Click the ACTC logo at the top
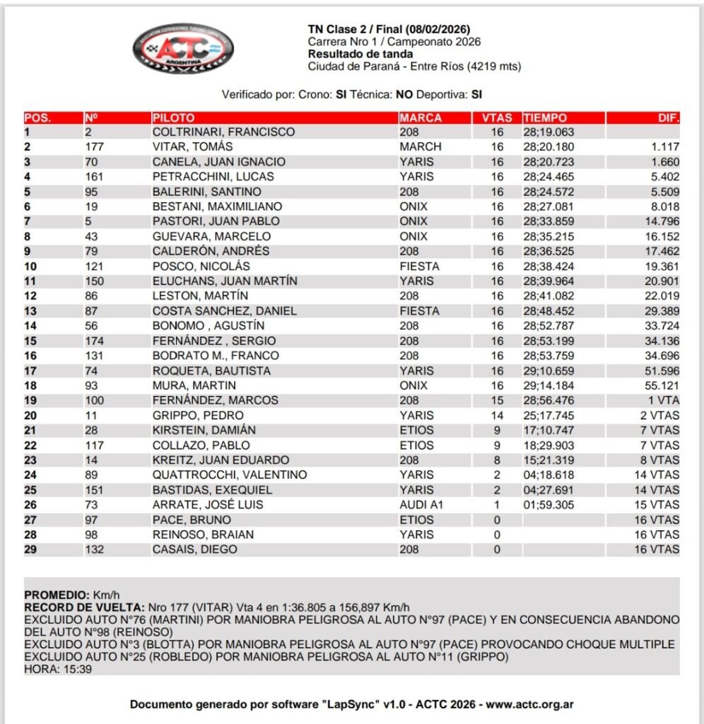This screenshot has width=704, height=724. click(x=183, y=49)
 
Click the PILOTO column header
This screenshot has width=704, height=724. click(x=173, y=118)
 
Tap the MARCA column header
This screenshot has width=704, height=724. click(x=421, y=118)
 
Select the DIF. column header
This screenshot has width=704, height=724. click(x=668, y=118)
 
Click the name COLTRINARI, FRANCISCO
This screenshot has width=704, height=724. click(x=224, y=132)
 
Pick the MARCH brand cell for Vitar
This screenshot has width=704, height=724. click(x=421, y=147)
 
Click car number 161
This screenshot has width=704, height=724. click(x=94, y=177)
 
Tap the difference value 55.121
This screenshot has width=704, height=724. click(x=661, y=386)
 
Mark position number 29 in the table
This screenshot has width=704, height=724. click(x=30, y=549)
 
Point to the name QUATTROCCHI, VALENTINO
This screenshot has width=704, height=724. click(x=230, y=475)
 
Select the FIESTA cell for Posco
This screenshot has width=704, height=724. click(x=419, y=267)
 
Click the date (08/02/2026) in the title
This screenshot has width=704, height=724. click(x=436, y=30)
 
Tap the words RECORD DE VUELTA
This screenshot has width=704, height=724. click(x=83, y=607)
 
